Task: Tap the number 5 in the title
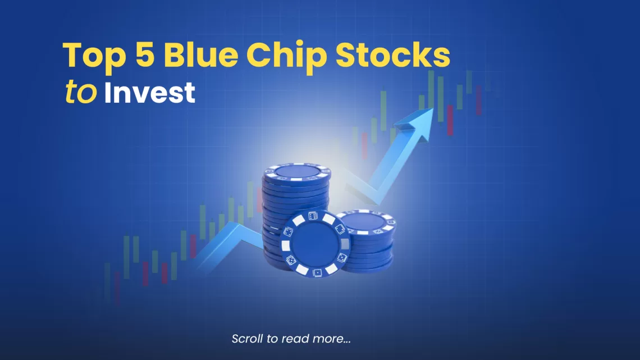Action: (145, 54)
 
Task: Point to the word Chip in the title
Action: (286, 57)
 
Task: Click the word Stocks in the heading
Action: (392, 54)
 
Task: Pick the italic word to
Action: (81, 92)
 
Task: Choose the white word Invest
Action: (150, 92)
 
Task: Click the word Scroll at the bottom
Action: (248, 339)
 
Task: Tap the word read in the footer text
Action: (296, 339)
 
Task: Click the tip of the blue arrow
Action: (432, 108)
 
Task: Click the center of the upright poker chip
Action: (316, 244)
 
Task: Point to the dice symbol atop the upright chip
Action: (313, 216)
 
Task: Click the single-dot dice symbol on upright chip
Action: (317, 272)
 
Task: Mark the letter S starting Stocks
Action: (345, 54)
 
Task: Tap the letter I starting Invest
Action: (108, 92)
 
